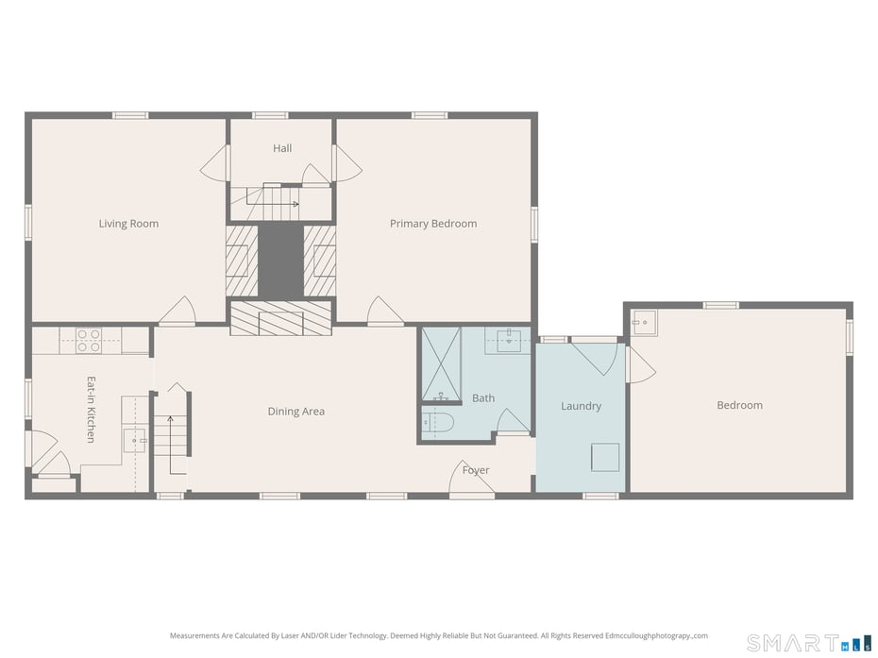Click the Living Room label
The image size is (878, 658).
(x=128, y=224)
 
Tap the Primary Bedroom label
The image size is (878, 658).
(x=433, y=224)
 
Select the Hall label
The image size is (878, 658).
(x=282, y=148)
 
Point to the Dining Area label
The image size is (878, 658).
(x=296, y=411)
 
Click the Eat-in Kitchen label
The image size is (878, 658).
(x=91, y=410)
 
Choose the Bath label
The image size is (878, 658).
(x=483, y=398)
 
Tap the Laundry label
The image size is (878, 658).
(x=582, y=406)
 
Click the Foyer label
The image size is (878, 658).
(x=476, y=470)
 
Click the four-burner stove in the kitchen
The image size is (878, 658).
(x=89, y=341)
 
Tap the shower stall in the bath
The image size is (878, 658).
(x=441, y=364)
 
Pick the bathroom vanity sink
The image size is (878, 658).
(x=509, y=341)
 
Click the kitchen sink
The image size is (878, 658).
(x=135, y=441)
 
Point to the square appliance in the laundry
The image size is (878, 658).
(x=605, y=457)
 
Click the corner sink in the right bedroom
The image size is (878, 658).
(x=645, y=323)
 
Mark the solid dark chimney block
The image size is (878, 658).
(x=281, y=262)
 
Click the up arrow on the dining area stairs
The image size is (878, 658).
(x=170, y=446)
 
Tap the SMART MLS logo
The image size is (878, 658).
(x=810, y=643)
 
